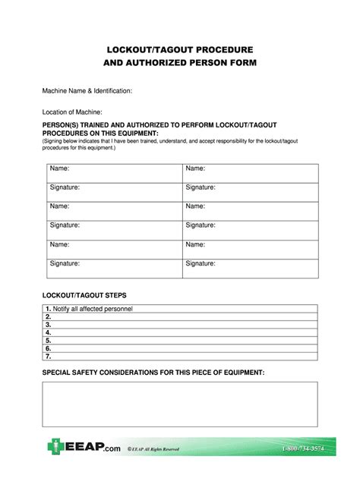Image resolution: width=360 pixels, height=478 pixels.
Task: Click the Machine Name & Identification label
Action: coord(87,91)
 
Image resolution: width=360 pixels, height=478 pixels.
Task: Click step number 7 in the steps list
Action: coord(48,355)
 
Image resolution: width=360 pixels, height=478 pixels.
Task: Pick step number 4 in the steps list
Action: coord(48,332)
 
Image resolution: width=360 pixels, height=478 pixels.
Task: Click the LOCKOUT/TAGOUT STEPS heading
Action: coord(85,294)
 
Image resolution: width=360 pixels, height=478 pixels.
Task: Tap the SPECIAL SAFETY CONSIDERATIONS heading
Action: coord(153,373)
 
